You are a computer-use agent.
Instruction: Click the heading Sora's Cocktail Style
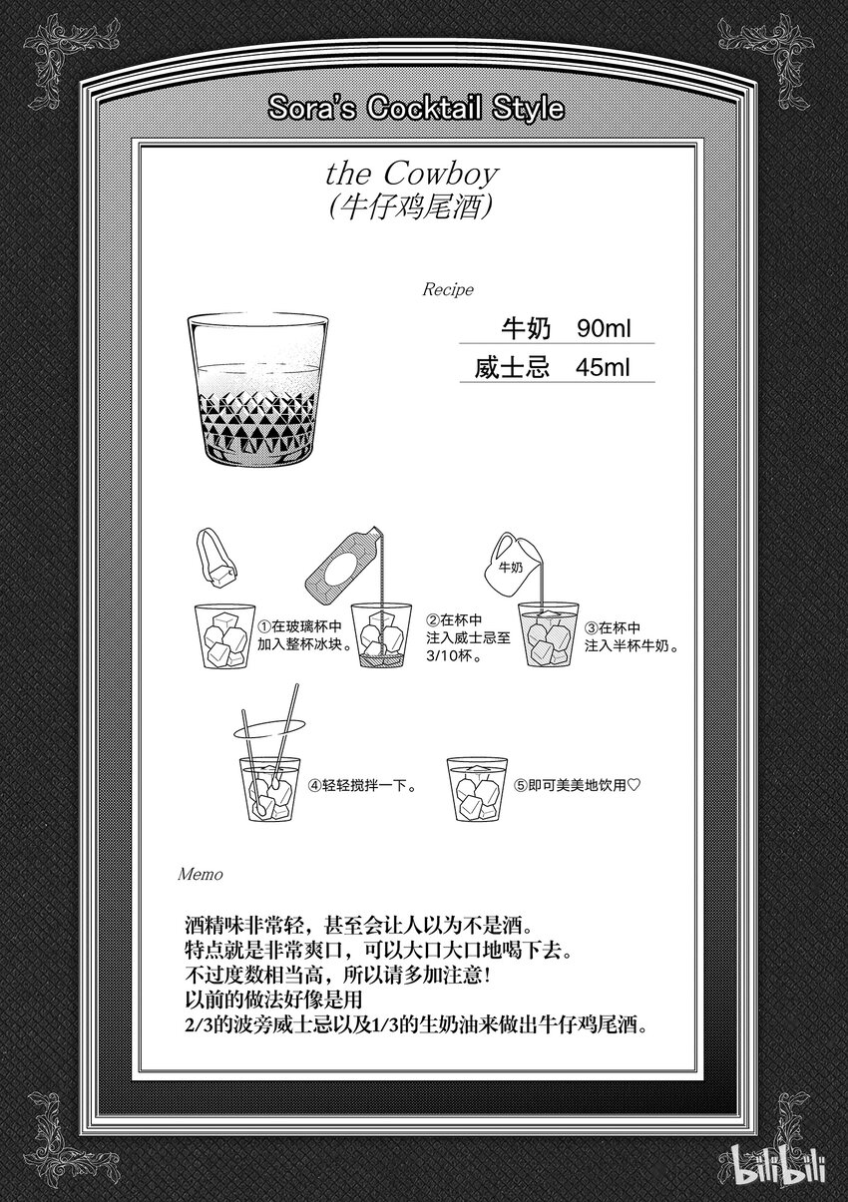416,108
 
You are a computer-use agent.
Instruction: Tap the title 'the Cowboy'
412,174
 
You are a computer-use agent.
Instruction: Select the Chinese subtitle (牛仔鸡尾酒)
411,207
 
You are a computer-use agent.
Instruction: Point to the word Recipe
448,289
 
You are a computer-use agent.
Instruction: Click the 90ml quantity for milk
604,328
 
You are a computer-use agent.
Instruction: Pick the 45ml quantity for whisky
603,367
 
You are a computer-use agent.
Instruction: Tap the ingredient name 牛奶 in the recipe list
526,328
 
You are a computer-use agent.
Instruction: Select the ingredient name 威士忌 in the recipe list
513,367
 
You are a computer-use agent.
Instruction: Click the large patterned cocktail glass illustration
257,390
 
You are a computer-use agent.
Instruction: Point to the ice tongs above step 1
216,557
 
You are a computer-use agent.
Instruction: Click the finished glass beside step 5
477,789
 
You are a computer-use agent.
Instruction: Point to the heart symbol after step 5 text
634,785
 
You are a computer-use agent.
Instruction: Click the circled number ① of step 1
264,626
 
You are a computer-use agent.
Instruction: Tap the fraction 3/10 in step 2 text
439,655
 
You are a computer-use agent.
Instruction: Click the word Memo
201,875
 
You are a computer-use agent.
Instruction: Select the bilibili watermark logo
779,1161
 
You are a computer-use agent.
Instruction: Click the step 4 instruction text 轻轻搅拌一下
369,786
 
